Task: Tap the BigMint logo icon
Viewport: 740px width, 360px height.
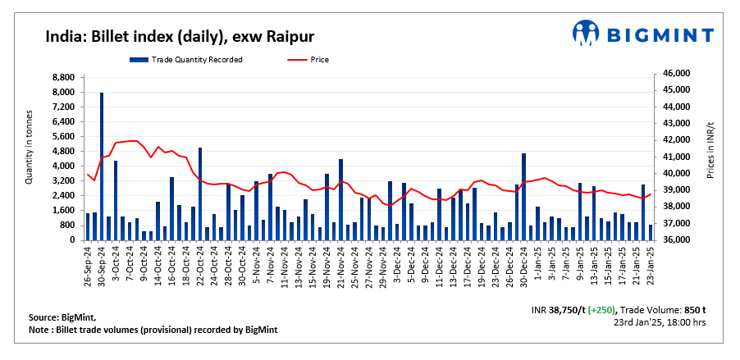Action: [587, 34]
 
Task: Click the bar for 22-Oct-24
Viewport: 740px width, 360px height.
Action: [201, 194]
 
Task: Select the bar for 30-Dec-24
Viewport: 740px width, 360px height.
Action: [523, 197]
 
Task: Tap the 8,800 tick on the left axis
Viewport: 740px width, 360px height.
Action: [62, 77]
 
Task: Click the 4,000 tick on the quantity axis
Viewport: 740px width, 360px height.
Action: [62, 166]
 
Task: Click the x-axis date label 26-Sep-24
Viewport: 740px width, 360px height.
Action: [88, 264]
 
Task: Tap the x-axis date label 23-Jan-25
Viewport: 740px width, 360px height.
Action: [651, 264]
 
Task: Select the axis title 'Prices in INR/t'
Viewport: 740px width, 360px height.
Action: [710, 155]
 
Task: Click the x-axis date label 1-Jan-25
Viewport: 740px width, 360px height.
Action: [538, 262]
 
